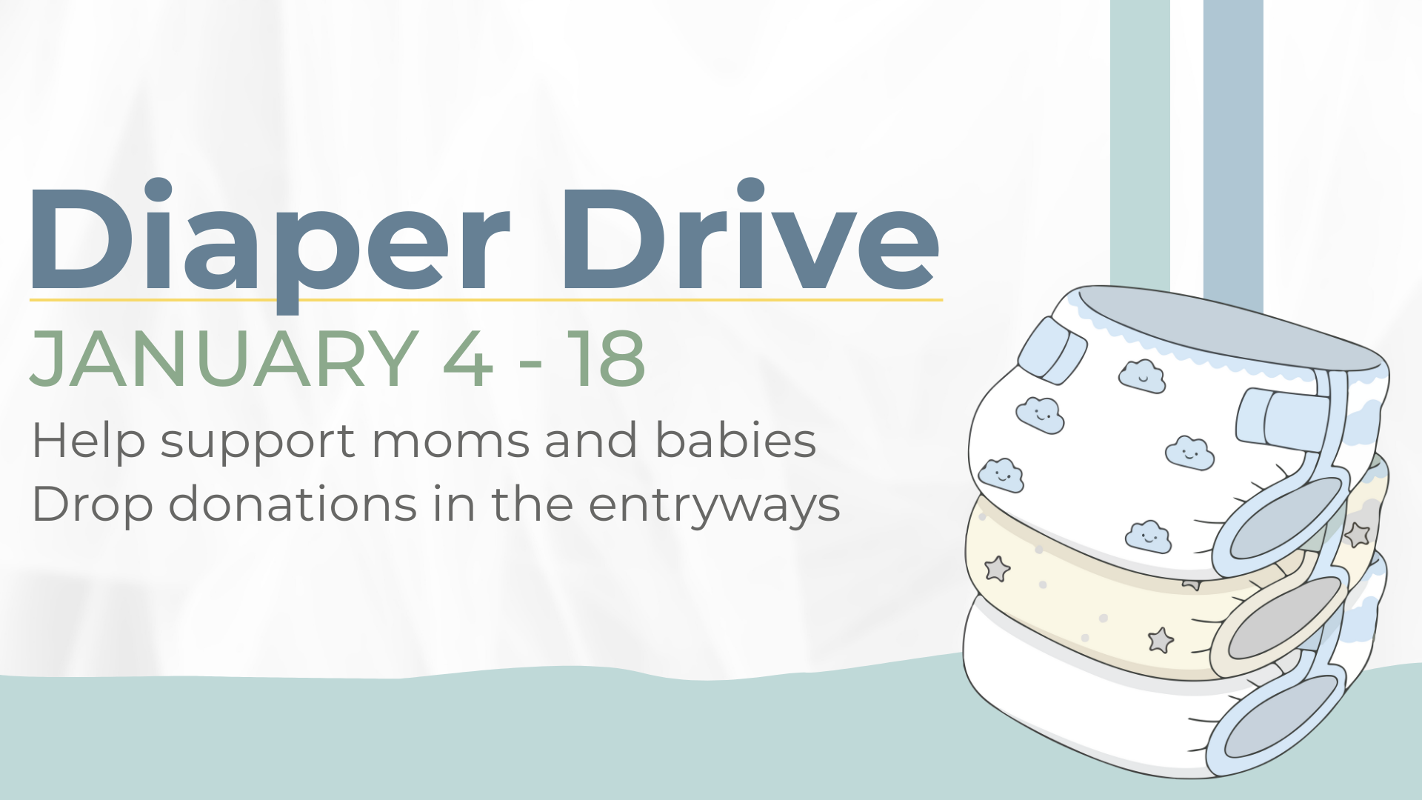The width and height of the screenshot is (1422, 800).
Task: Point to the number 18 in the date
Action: point(606,359)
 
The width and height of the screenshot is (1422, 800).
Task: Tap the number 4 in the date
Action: point(468,359)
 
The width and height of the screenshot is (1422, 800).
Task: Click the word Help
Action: point(89,441)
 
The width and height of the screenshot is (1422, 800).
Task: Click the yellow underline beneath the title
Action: point(486,300)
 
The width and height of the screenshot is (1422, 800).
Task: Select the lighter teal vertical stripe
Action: point(1140,148)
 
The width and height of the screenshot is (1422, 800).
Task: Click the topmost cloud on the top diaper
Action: point(1142,376)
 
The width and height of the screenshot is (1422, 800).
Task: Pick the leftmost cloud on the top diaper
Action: point(1001,476)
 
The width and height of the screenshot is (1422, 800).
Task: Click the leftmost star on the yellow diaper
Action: point(997,569)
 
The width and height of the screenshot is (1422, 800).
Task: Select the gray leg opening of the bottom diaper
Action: point(1282,717)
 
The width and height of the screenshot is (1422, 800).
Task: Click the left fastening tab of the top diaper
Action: point(1052,350)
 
